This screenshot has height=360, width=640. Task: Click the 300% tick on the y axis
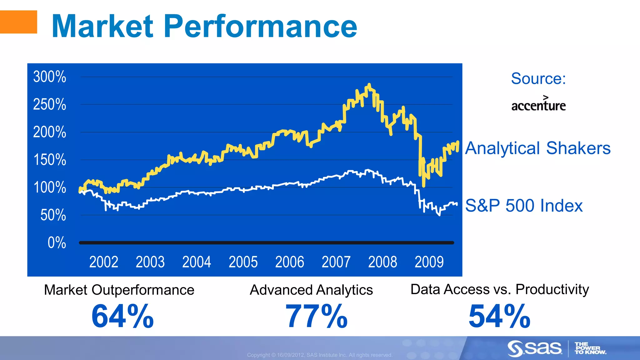pos(50,77)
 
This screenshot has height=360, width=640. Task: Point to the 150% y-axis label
pos(50,160)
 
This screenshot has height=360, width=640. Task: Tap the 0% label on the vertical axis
pos(57,243)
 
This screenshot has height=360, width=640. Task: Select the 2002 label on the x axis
pos(104,262)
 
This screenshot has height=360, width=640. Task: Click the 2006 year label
pos(289,262)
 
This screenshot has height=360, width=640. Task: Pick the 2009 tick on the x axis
pos(429,262)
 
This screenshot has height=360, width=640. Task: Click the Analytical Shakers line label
pos(537,148)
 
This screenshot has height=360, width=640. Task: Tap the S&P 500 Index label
pos(524,206)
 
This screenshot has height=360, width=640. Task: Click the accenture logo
pos(538,104)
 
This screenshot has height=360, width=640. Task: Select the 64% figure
pos(122,317)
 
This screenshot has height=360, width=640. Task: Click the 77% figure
pos(316,317)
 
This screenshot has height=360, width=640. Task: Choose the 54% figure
pos(499,317)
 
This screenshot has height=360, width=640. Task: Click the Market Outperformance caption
pos(119,290)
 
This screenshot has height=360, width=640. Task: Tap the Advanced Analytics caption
pos(311,290)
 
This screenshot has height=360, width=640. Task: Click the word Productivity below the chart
pos(552,289)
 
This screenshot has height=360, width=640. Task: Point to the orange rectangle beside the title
pos(18,22)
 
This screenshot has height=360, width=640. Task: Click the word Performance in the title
pos(260,27)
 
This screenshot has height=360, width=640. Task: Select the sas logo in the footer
pos(534,348)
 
